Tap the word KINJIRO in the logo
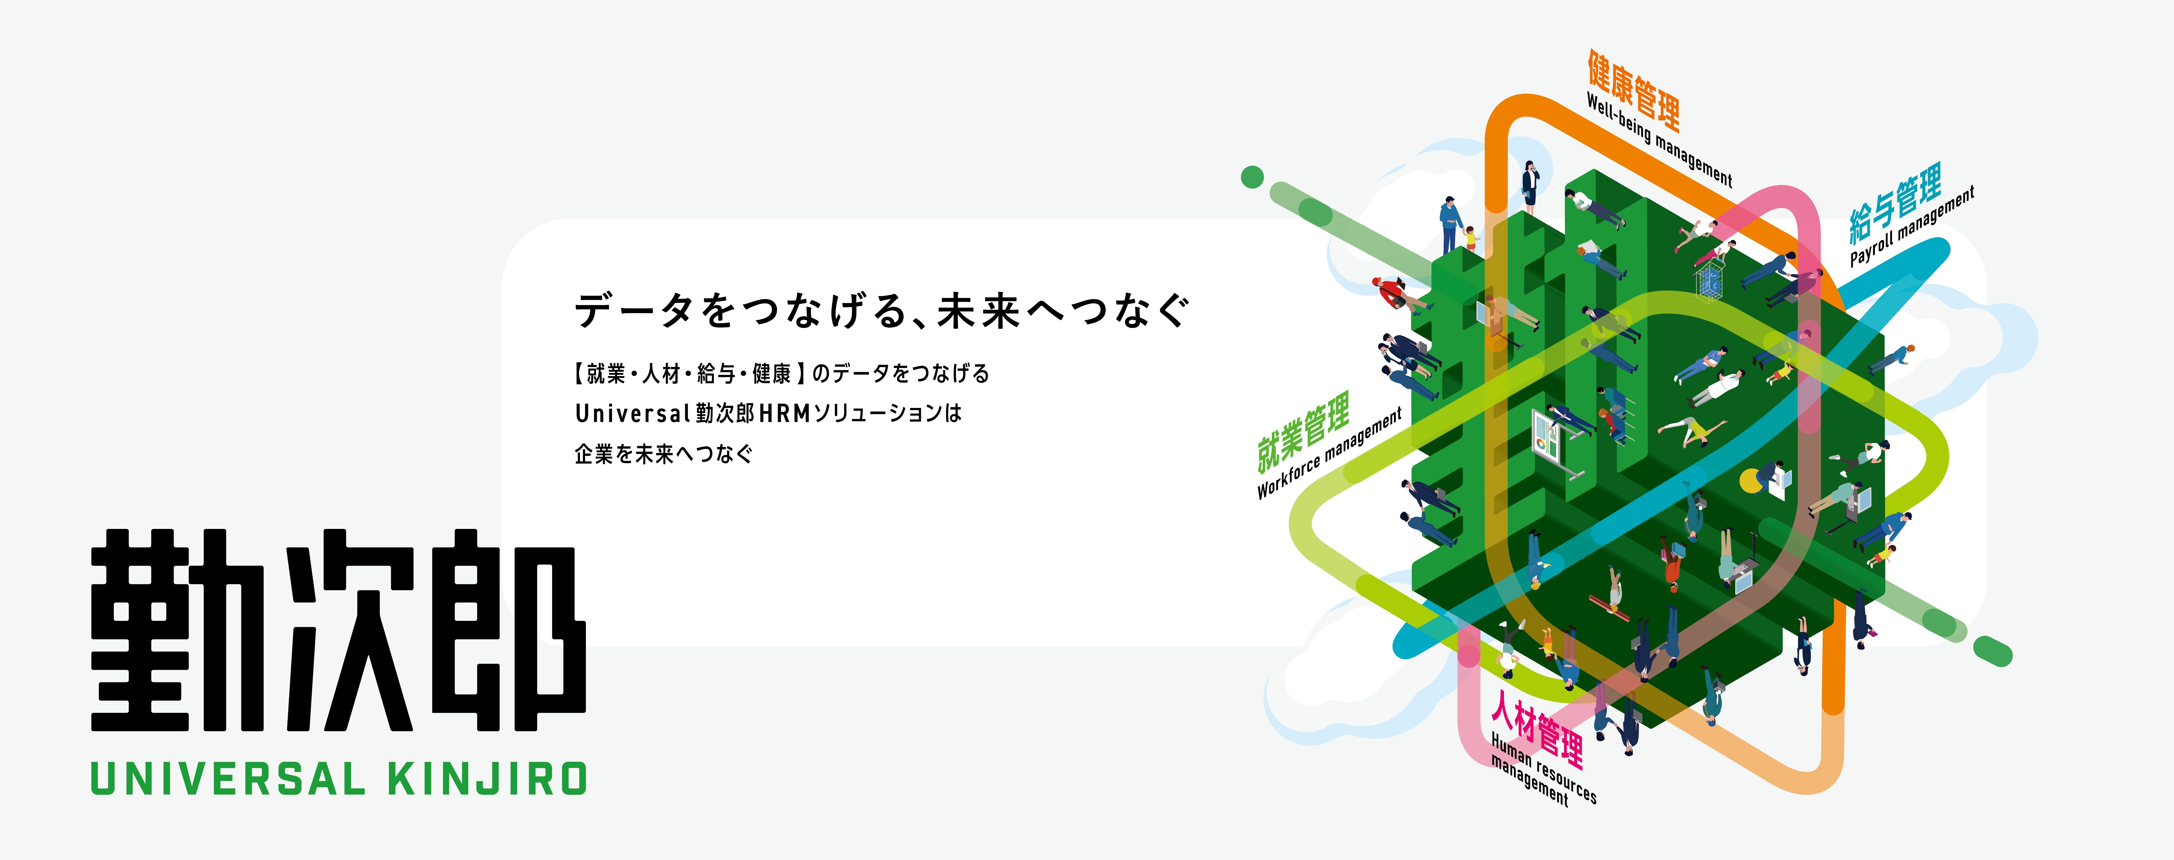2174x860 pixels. tap(487, 778)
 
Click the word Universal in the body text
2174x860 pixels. tap(633, 414)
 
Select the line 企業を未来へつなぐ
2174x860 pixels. tap(663, 454)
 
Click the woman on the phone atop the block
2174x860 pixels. tap(1529, 186)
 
